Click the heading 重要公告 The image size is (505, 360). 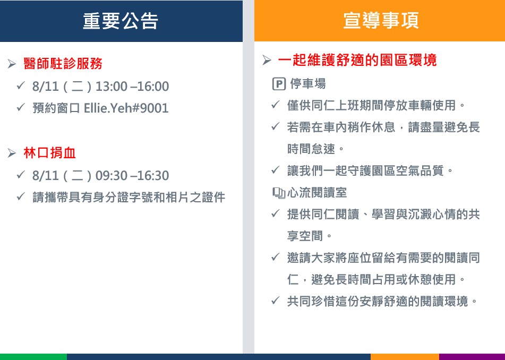tap(121, 21)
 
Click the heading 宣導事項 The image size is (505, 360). tap(381, 20)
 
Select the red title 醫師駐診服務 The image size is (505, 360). tap(63, 63)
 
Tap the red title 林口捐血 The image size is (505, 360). tap(49, 152)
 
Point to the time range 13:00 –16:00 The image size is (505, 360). tap(132, 87)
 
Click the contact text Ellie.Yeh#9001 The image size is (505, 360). tap(126, 108)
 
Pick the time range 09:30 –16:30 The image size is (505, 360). tap(132, 176)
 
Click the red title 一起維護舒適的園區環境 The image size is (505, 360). tap(357, 60)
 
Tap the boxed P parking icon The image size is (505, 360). tap(279, 84)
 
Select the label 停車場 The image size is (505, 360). tap(308, 84)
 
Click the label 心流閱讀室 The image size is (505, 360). tap(317, 193)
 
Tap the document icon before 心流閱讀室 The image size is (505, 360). tap(279, 193)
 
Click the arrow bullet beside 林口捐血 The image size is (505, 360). tap(12, 153)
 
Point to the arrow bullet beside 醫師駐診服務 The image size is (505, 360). tap(12, 64)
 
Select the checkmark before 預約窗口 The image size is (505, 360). tap(21, 107)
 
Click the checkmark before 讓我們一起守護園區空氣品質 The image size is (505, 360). tap(276, 169)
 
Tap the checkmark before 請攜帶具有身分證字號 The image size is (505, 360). tap(21, 196)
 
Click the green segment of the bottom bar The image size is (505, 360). tap(33, 357)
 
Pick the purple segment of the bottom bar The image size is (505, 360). tap(472, 357)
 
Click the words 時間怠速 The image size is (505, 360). tap(311, 149)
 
